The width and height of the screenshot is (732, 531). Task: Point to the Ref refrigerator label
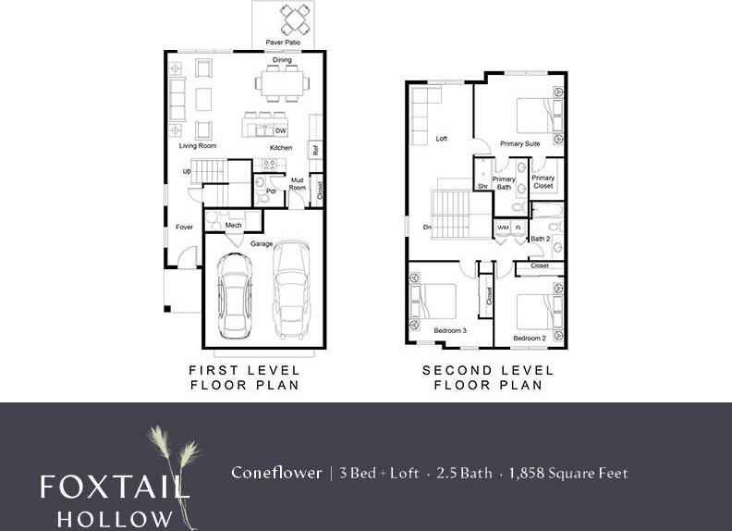(315, 149)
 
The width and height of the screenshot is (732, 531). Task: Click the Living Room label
(197, 146)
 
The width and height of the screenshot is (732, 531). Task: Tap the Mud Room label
(298, 182)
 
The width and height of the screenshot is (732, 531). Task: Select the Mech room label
(233, 225)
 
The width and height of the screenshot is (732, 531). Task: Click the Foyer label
(184, 228)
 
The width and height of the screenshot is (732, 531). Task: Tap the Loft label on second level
(441, 139)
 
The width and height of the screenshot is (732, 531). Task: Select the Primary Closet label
(543, 181)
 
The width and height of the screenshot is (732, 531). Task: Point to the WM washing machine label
(504, 227)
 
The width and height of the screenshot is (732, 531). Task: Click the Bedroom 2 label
(530, 339)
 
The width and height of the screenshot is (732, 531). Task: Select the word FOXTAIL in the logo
(114, 486)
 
